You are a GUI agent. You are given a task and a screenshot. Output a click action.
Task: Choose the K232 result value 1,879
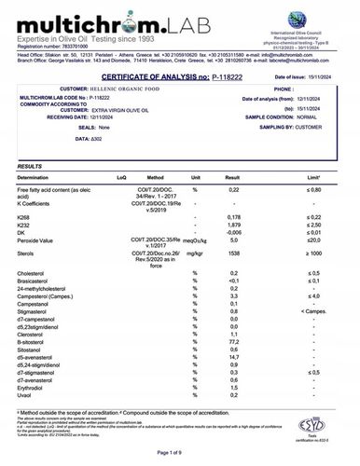coord(247,250)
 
